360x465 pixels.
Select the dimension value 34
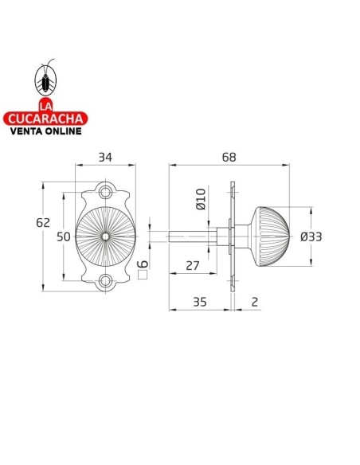click(104, 158)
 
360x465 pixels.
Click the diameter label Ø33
click(310, 236)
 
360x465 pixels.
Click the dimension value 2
click(253, 302)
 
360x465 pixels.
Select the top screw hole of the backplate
click(105, 192)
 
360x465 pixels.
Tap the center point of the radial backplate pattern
click(105, 236)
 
